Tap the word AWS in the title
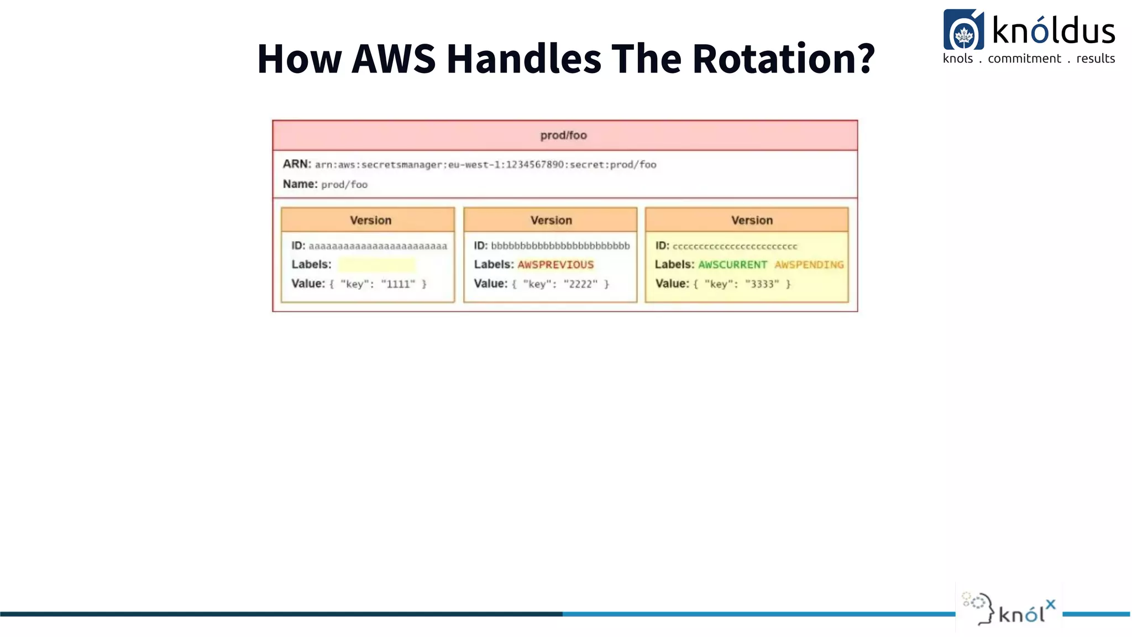pos(394,59)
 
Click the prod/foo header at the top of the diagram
pos(564,135)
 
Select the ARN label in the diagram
pos(297,164)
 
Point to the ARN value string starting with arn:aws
pos(485,165)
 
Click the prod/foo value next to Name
pos(344,185)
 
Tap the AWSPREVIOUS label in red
pos(555,265)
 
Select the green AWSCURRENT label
pos(732,265)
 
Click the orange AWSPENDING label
pos(809,265)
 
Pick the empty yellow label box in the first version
pos(376,265)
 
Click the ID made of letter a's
pos(378,246)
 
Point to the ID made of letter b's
pos(560,246)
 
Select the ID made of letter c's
pos(735,247)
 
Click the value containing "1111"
pos(378,284)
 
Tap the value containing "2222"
pos(560,284)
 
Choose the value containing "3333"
pos(742,284)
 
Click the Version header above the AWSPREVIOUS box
pos(551,220)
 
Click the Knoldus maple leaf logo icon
pos(963,30)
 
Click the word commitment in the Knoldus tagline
pos(1024,59)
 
